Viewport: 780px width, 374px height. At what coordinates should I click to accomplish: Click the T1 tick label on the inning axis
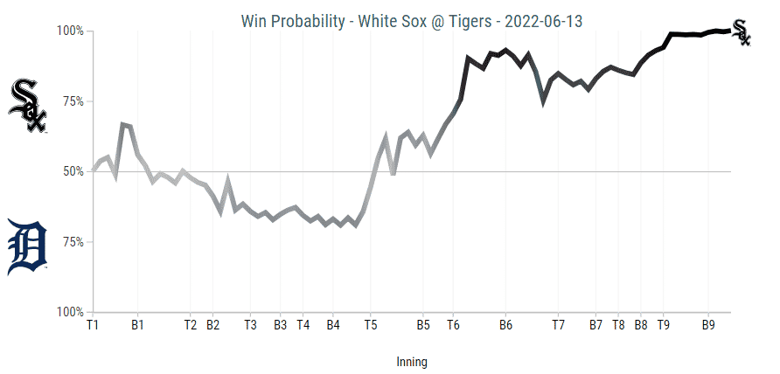93,325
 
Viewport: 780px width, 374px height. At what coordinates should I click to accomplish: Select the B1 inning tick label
137,325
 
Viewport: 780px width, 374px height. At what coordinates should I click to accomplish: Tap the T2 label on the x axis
191,325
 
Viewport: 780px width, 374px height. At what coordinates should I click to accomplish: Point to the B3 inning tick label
280,325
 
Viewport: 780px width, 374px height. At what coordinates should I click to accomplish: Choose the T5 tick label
370,325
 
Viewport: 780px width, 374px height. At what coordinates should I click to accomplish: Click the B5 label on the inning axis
423,325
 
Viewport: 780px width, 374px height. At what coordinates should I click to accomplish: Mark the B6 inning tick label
505,325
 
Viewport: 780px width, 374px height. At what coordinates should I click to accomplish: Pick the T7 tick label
558,325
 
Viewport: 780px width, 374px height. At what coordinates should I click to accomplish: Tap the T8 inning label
618,325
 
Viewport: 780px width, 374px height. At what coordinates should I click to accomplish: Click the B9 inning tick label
708,325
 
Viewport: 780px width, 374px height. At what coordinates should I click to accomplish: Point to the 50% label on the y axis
71,172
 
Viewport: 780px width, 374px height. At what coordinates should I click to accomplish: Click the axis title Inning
412,361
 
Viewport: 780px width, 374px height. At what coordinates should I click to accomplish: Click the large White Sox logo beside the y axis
27,106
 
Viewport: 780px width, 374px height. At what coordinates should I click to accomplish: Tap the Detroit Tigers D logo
27,248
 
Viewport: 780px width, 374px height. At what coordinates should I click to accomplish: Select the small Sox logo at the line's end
741,31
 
